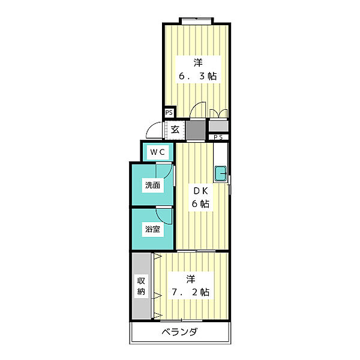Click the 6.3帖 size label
(x=196, y=77)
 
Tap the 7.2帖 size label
(x=189, y=292)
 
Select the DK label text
(x=200, y=191)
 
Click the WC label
(x=157, y=152)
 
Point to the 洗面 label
(x=151, y=186)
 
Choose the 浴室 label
(x=151, y=229)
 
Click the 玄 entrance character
(x=175, y=130)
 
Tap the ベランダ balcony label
(x=179, y=332)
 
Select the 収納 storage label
(x=141, y=286)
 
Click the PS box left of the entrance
(x=169, y=112)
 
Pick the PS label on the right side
(x=218, y=137)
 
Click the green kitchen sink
(x=220, y=173)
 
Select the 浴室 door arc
(x=163, y=215)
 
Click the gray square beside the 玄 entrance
(x=195, y=130)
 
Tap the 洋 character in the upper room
(x=196, y=62)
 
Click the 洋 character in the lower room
(x=190, y=278)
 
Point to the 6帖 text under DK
(x=200, y=204)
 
